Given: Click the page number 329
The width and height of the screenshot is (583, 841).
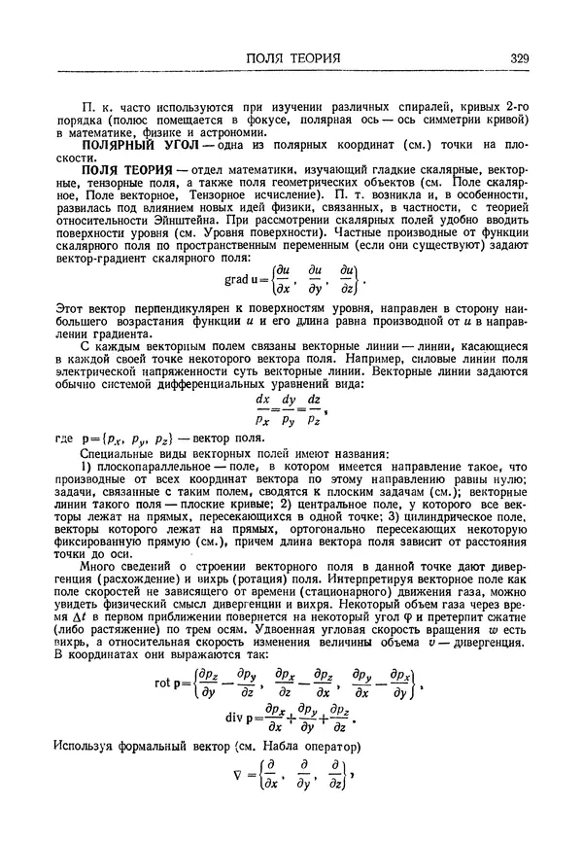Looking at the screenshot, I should [x=517, y=58].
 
